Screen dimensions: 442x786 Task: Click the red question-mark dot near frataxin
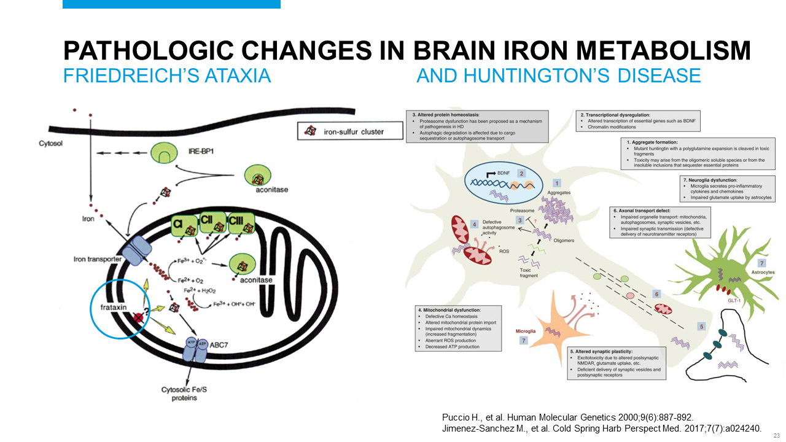click(x=140, y=317)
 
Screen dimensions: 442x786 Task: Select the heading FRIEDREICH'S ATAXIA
click(x=167, y=76)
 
